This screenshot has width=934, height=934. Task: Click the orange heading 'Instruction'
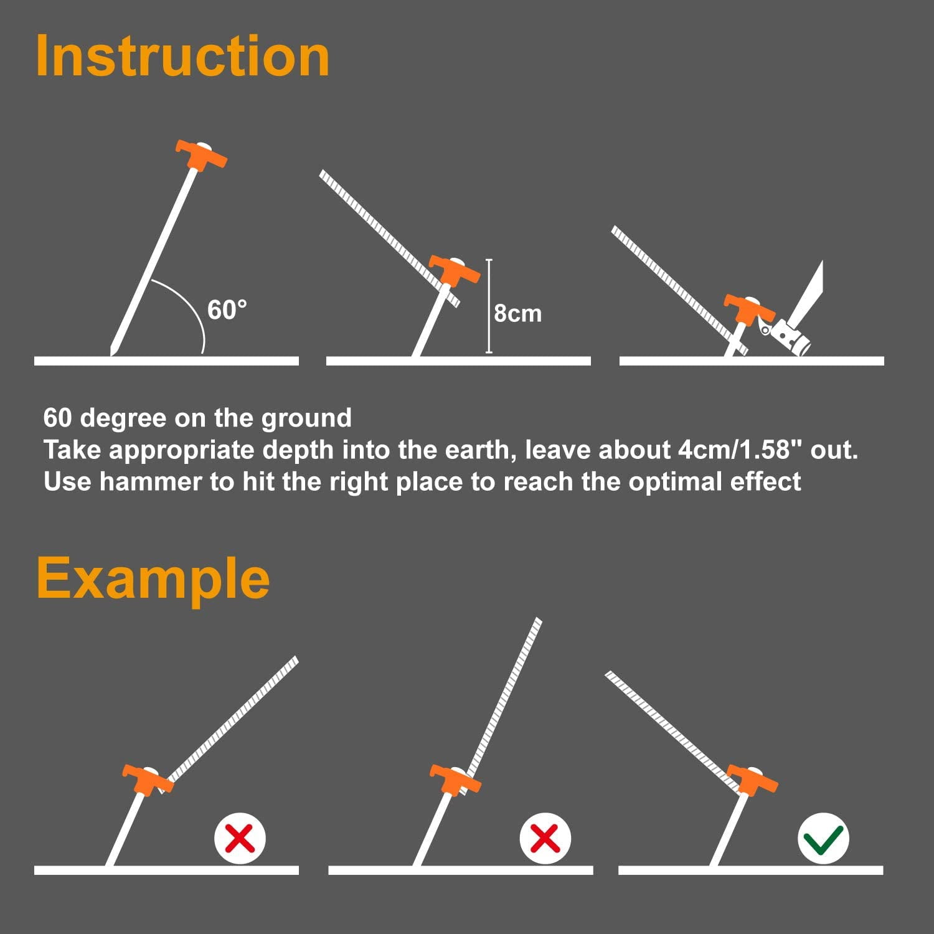pos(182,56)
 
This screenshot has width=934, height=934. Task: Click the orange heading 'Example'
pos(153,579)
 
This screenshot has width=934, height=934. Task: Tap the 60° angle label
pos(227,309)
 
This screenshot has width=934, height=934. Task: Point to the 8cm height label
pos(517,313)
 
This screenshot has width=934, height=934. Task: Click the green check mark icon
pos(823,838)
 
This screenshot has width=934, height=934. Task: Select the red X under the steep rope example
pos(545,838)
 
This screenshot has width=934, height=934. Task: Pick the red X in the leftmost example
pos(240,838)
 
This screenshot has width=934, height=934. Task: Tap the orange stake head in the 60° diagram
pos(200,157)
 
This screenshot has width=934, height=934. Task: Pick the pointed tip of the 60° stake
pos(111,355)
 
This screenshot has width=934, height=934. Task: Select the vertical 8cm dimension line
pos(489,306)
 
